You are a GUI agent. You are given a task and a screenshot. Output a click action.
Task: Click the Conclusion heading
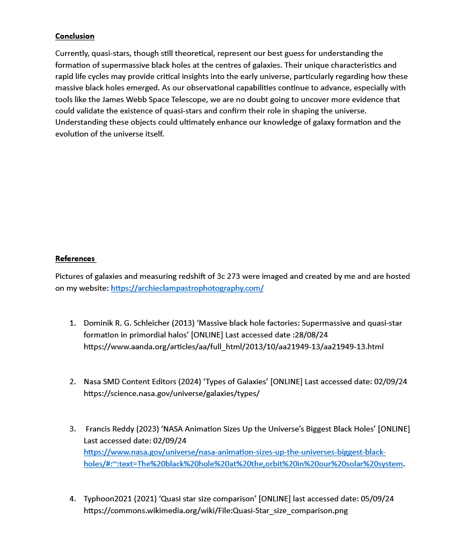75,36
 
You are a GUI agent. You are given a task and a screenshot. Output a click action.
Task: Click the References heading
75,258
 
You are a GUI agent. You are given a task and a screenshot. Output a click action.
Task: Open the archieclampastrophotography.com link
187,288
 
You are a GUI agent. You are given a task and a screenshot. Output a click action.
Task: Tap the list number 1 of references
72,323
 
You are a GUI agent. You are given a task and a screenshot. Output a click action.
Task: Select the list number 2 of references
72,381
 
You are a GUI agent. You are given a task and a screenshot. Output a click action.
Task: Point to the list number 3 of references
72,429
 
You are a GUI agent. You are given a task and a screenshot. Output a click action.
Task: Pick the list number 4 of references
72,499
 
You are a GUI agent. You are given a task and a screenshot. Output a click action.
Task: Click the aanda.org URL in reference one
233,347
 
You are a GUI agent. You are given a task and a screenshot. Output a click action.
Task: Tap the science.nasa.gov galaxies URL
171,393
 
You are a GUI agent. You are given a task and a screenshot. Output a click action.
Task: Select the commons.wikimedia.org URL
215,510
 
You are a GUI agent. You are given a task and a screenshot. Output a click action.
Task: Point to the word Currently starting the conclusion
72,53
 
